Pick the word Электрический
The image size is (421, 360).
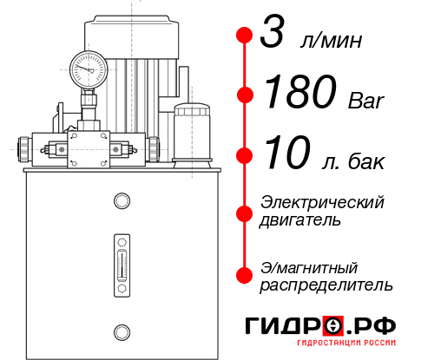(322, 202)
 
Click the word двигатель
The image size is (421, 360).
(301, 220)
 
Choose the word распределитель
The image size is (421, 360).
(327, 285)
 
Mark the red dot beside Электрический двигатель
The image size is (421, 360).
(245, 211)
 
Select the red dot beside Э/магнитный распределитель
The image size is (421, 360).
(245, 274)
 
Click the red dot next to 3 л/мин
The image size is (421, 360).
(245, 36)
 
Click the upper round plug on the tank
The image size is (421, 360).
(121, 202)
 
